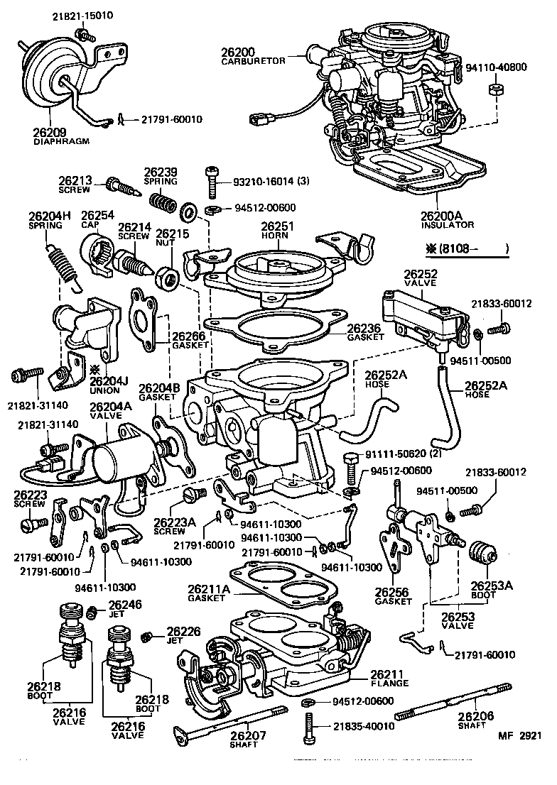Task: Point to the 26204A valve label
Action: [110, 406]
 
